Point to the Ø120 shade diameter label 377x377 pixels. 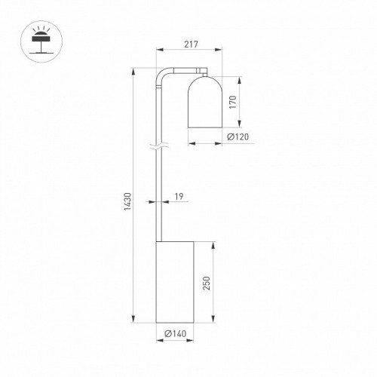point(238,136)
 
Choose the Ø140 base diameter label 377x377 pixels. point(175,334)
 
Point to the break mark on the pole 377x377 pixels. point(158,149)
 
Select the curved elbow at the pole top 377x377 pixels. point(163,76)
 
